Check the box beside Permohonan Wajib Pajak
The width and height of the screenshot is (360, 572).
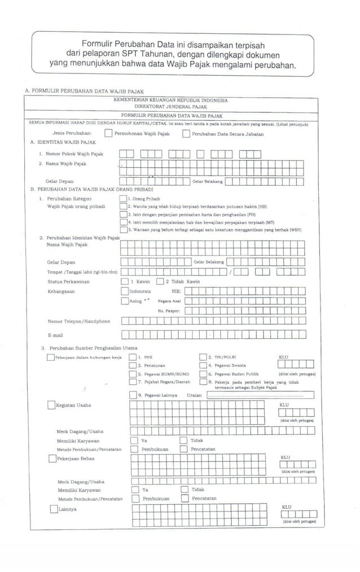pos(108,134)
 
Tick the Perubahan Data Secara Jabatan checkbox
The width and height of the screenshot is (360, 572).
pos(186,134)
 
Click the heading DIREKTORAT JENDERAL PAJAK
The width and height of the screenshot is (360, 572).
pos(170,106)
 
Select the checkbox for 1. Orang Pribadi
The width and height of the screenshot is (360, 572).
pos(124,199)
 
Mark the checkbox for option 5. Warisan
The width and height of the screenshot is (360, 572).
pos(124,229)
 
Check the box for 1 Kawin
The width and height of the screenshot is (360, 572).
pos(124,281)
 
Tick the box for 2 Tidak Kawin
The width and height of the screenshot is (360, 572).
pos(160,281)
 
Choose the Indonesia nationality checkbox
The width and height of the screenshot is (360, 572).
pos(124,291)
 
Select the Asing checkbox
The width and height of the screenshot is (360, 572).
pos(124,301)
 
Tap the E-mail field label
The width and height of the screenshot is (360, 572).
pos(54,335)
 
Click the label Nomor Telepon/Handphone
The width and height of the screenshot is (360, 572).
pos(79,321)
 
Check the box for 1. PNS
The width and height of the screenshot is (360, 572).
pos(133,357)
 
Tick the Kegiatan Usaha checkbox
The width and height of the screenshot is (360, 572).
pos(51,405)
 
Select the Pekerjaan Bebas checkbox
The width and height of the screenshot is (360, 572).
pos(52,458)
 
